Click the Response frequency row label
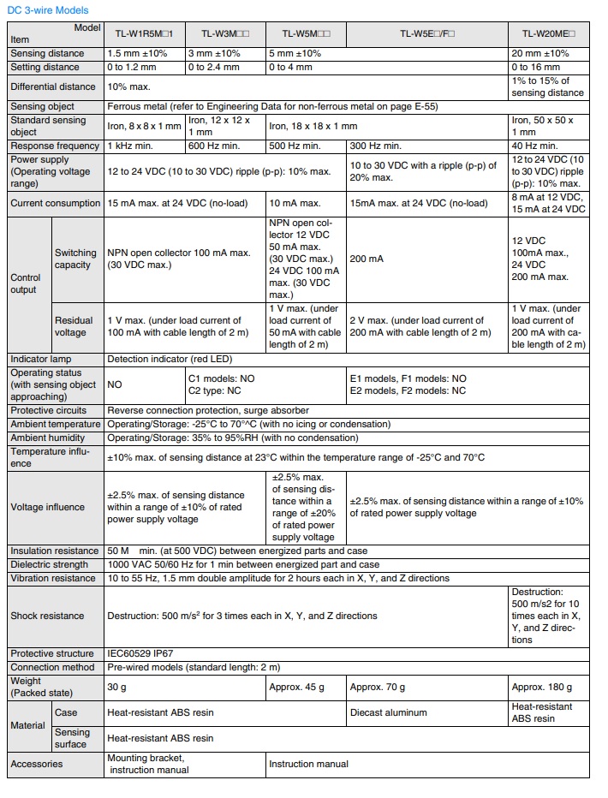pos(53,146)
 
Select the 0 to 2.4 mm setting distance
pos(214,67)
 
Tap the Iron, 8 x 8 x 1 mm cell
pos(145,127)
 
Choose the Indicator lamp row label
pos(41,359)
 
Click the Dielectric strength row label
pos(49,564)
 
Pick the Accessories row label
pos(37,764)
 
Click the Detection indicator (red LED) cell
pos(170,359)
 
